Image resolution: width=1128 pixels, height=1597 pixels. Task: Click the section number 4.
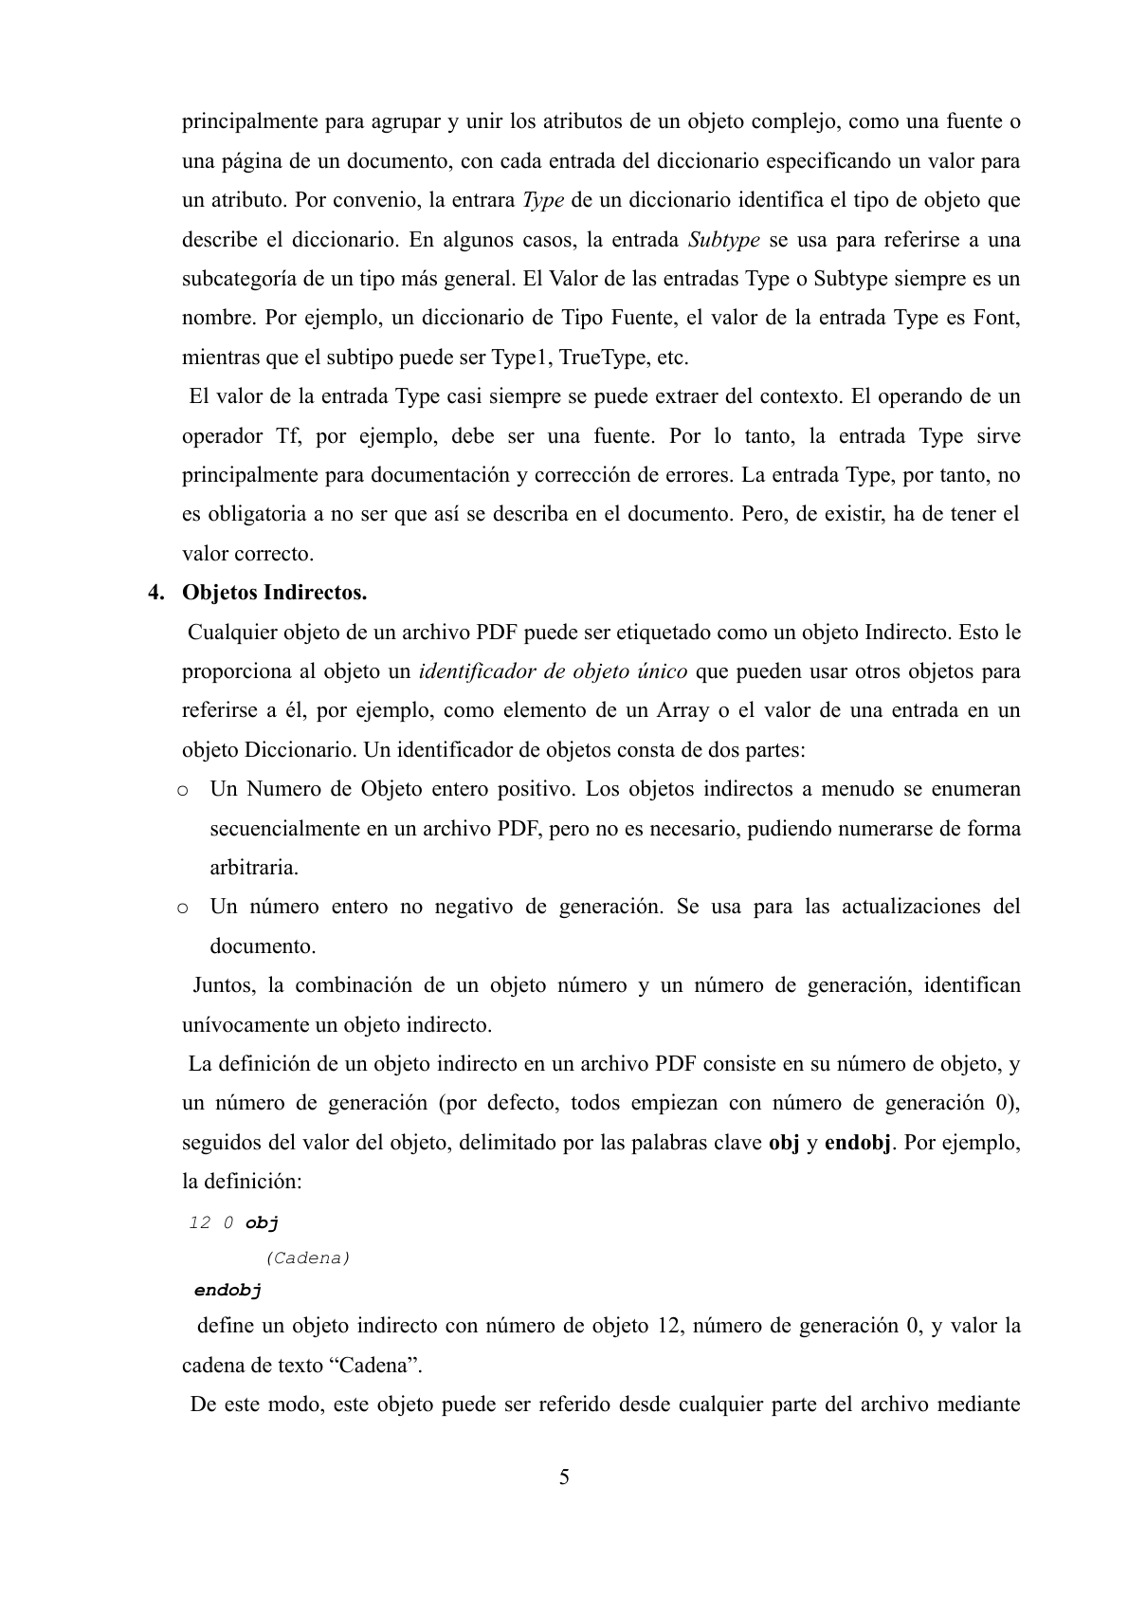click(x=155, y=594)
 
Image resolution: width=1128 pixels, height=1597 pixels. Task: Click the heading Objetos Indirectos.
click(x=274, y=594)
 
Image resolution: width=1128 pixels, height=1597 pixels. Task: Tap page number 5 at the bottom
click(x=564, y=1477)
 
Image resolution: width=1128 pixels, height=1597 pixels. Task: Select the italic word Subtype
click(x=723, y=240)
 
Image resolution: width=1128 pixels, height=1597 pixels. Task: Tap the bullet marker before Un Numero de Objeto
click(x=181, y=790)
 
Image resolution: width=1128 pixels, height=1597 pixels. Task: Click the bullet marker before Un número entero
click(x=181, y=908)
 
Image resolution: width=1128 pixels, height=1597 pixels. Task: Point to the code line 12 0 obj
click(x=233, y=1222)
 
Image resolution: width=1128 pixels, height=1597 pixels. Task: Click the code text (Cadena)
click(x=308, y=1257)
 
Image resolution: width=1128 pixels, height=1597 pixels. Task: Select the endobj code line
click(x=227, y=1290)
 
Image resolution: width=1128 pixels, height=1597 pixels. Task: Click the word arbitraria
click(x=253, y=868)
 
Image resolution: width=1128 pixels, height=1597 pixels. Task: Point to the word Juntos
click(x=223, y=985)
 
